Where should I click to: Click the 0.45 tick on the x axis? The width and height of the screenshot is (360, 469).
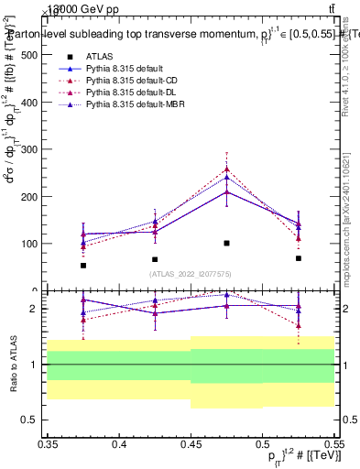coord(190,444)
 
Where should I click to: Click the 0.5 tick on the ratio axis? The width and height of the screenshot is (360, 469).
coord(30,420)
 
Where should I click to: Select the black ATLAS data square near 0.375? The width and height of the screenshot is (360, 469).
coord(83,266)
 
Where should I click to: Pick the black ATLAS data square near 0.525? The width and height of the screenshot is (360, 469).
coord(298,258)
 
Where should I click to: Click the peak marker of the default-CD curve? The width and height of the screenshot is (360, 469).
coord(226,169)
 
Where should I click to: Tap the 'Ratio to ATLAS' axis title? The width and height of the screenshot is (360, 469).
coord(11,364)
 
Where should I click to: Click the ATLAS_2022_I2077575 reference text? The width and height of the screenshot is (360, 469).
coord(190,273)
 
